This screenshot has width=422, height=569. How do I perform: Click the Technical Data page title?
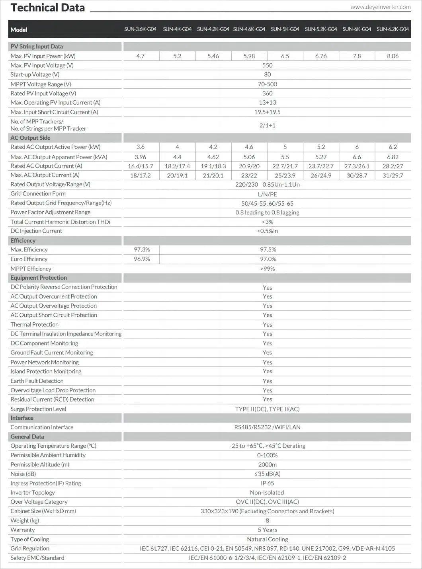[x=48, y=8]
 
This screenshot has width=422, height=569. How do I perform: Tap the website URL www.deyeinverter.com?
[x=380, y=7]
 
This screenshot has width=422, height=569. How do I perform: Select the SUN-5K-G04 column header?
[x=285, y=29]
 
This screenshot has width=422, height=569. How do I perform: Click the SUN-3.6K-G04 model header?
[x=140, y=29]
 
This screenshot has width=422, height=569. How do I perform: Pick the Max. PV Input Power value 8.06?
[x=393, y=56]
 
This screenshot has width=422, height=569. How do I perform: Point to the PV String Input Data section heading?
[x=37, y=47]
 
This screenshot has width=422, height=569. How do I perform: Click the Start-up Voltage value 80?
[x=267, y=74]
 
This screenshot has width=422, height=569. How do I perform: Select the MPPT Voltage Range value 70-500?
[x=267, y=84]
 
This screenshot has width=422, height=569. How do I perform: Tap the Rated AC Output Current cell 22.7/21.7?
[x=285, y=166]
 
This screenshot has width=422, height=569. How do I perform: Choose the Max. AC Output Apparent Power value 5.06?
[x=249, y=157]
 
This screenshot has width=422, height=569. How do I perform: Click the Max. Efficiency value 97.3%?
[x=142, y=249]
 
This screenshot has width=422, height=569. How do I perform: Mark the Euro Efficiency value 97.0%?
[x=268, y=259]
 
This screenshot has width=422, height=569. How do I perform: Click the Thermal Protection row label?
[x=35, y=324]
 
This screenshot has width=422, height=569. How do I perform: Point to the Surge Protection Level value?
[x=267, y=409]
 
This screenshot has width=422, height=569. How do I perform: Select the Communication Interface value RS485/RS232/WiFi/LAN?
[x=267, y=427]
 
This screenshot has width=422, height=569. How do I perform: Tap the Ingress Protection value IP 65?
[x=267, y=483]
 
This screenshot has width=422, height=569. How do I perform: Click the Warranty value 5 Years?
[x=267, y=530]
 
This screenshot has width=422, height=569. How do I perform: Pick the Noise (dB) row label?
[x=23, y=474]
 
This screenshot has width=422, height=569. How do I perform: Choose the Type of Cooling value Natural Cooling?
[x=267, y=539]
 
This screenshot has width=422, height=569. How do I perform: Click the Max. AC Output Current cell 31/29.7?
[x=393, y=175]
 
